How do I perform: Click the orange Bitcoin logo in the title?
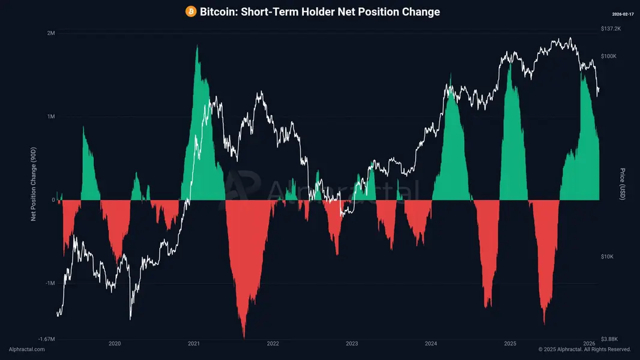click(x=190, y=11)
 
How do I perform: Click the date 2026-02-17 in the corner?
click(x=623, y=14)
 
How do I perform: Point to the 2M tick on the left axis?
click(x=51, y=33)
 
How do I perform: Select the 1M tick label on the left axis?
click(x=51, y=116)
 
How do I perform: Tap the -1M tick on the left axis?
click(x=50, y=283)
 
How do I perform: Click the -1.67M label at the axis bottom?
click(x=47, y=339)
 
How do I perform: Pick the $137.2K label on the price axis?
click(x=611, y=29)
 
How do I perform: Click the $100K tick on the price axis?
click(x=609, y=56)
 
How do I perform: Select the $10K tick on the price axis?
click(x=607, y=256)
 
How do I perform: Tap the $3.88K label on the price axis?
click(x=609, y=339)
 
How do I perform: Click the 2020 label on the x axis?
click(x=115, y=344)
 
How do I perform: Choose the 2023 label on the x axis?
click(x=352, y=344)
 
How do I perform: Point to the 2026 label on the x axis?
click(x=589, y=344)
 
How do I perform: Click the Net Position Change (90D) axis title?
click(x=34, y=184)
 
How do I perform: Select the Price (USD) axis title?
click(x=623, y=184)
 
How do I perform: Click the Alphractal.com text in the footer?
click(x=27, y=349)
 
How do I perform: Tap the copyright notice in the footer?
click(x=585, y=349)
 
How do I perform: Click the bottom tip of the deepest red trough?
click(x=244, y=338)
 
